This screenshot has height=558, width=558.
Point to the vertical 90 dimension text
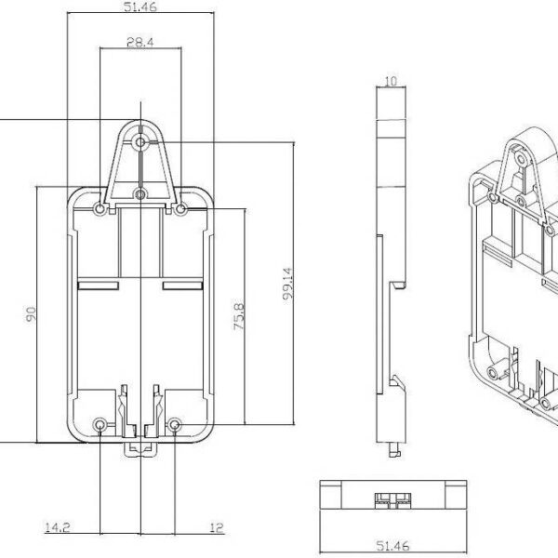(30, 316)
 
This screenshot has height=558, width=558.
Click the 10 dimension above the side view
(389, 82)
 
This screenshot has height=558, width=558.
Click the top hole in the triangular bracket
(139, 142)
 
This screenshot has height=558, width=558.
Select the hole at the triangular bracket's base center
(139, 193)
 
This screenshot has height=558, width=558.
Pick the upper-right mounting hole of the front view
(179, 210)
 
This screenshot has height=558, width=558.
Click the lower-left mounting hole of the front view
(100, 426)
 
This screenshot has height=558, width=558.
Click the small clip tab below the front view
(139, 449)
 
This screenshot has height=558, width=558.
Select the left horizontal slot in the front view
(96, 285)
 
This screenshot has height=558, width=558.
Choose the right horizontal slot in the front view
(183, 285)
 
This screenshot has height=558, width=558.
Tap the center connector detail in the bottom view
(389, 497)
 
